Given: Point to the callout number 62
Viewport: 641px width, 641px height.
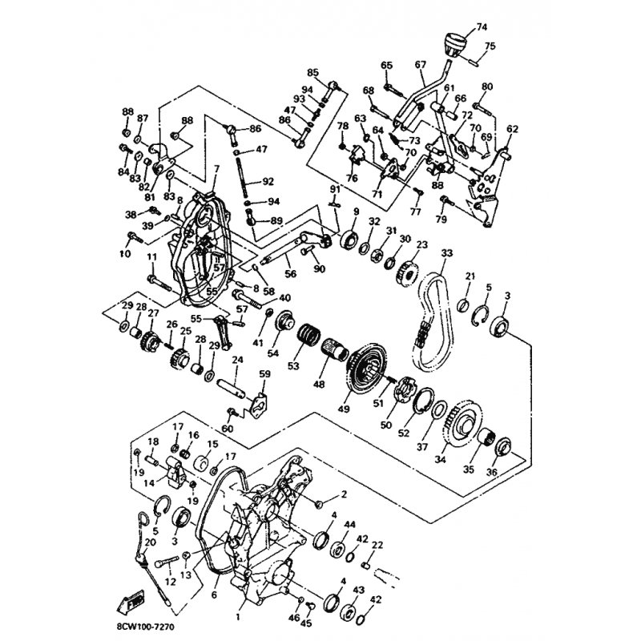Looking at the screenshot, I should pos(513,128).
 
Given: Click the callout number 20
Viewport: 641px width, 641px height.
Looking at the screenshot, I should pos(150,542).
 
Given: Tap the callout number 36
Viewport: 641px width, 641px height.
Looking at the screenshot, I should pos(491,473).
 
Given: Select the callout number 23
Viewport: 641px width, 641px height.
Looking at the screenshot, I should pos(421,245).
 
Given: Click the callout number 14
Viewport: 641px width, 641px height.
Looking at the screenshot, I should pos(149,484).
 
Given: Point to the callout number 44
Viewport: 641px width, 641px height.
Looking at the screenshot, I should pos(349,524).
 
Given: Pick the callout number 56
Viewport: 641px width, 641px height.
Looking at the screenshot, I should pos(290,273).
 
